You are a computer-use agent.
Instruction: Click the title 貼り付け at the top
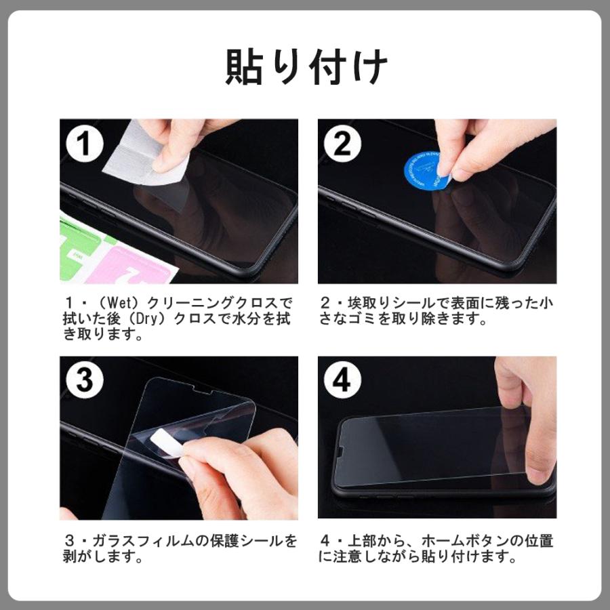(x=306, y=66)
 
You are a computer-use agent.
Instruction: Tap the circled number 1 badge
(x=85, y=143)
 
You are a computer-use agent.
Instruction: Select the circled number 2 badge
(x=342, y=143)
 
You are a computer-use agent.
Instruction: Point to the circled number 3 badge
(x=85, y=380)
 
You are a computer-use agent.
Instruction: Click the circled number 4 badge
(x=342, y=380)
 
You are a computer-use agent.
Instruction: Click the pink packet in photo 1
(x=128, y=266)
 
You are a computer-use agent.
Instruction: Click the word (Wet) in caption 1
(x=118, y=303)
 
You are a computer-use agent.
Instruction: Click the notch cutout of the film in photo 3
(x=202, y=389)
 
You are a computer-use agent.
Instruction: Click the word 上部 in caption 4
(x=361, y=540)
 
